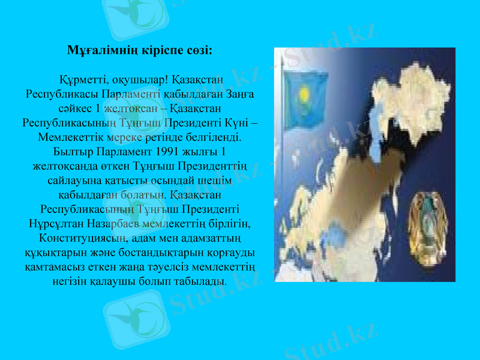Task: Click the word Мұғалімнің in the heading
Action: pos(96,50)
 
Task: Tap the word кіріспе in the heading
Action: pos(151,50)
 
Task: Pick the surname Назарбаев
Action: pos(114,224)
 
